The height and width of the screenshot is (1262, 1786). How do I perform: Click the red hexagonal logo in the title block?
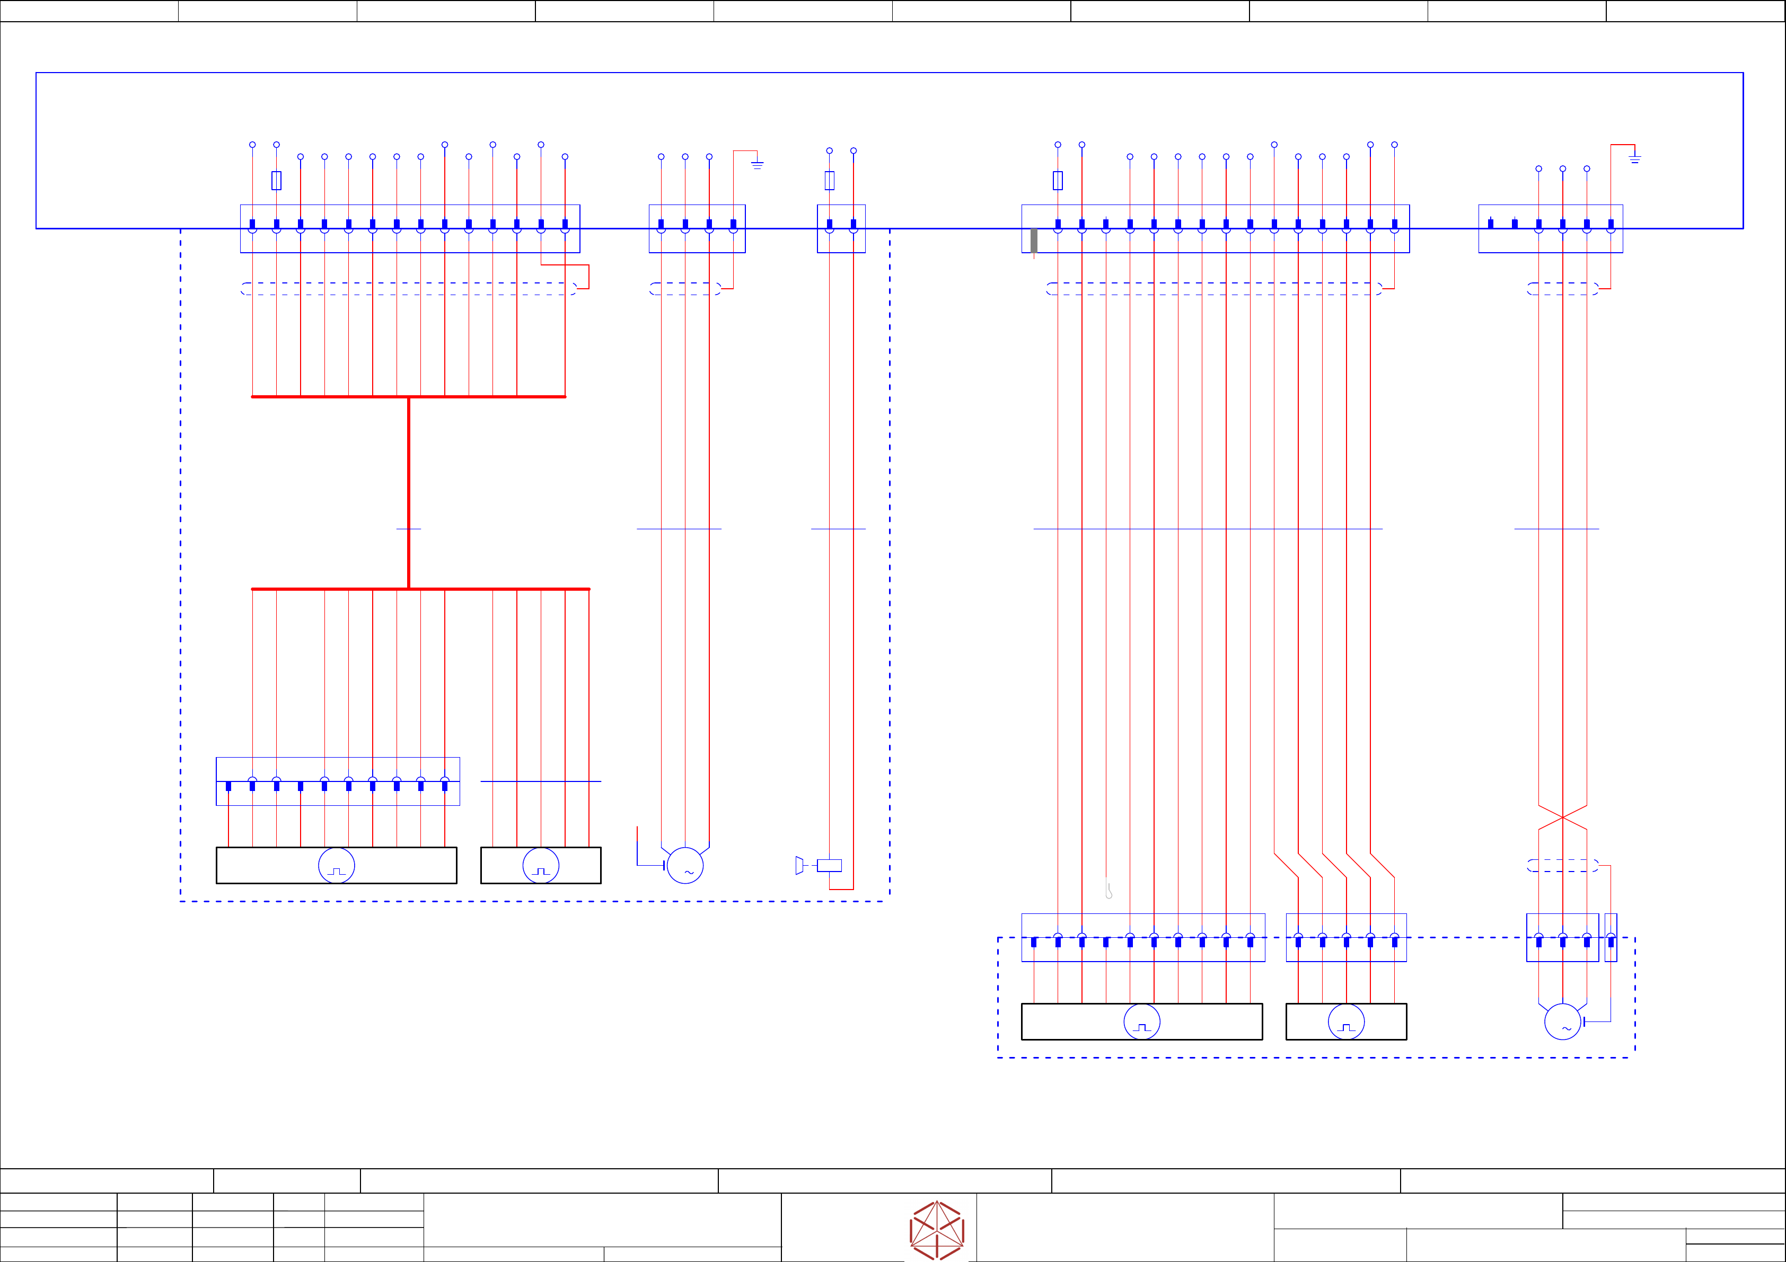[937, 1230]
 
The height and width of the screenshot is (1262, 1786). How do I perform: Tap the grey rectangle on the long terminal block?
[1034, 241]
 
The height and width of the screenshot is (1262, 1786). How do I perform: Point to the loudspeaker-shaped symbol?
[799, 865]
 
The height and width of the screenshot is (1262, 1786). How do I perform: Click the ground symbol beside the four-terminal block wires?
[757, 164]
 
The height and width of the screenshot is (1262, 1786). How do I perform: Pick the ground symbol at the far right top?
[1634, 158]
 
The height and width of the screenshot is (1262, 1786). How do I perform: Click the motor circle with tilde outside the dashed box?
[685, 865]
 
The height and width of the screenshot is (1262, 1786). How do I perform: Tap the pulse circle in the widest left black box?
[337, 865]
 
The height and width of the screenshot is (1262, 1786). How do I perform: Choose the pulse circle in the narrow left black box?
[541, 865]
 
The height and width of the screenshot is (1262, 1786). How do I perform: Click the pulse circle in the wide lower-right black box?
[1142, 1021]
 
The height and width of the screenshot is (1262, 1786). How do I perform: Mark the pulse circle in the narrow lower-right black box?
[1347, 1021]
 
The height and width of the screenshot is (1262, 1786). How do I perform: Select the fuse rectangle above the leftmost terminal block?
[276, 180]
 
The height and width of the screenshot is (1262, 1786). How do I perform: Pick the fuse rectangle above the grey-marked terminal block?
[1058, 180]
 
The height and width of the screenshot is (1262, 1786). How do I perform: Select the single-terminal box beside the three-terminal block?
[1611, 937]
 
